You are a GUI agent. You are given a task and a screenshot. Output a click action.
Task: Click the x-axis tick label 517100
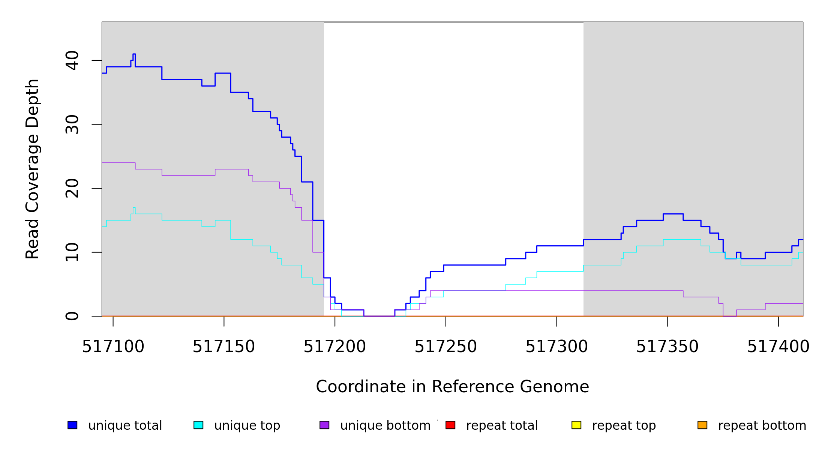click(x=113, y=346)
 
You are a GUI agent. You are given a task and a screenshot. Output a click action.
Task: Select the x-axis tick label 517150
click(x=224, y=346)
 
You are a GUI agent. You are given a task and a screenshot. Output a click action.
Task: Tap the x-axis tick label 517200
click(x=334, y=346)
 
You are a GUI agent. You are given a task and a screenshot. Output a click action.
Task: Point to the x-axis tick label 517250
click(x=445, y=346)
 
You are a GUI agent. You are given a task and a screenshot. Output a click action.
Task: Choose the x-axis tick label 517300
click(x=556, y=346)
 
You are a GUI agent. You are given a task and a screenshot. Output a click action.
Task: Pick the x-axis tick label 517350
click(x=667, y=346)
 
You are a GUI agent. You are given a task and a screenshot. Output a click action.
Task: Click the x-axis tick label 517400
click(x=778, y=346)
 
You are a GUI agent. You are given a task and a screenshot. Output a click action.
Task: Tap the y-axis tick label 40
click(x=72, y=60)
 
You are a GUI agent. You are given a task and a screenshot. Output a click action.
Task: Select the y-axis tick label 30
click(x=72, y=124)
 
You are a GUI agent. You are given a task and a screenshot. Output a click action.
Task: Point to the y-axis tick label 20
click(x=72, y=188)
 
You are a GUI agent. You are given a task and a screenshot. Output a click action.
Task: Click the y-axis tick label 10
click(x=72, y=252)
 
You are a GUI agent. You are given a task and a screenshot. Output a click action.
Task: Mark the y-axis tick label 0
click(x=72, y=316)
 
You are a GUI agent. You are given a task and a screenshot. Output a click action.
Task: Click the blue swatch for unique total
click(x=72, y=425)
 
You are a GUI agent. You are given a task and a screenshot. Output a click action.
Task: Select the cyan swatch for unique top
click(x=198, y=425)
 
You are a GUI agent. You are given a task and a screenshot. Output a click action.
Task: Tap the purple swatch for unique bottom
click(x=324, y=425)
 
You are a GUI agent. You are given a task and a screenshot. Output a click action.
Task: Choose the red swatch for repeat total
click(x=450, y=425)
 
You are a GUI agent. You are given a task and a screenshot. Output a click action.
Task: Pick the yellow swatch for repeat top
click(x=576, y=425)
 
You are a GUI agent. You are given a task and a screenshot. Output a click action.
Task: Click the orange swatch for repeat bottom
click(x=702, y=425)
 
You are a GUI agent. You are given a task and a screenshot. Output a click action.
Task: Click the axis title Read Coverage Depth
click(x=32, y=169)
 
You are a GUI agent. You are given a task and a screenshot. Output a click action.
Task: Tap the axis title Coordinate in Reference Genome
click(x=452, y=387)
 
